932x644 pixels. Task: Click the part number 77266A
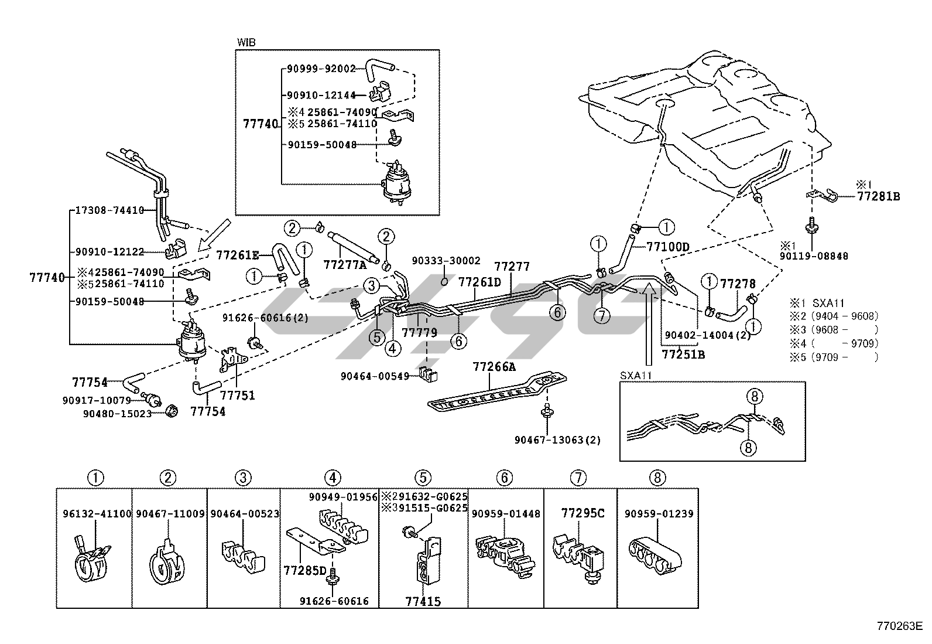coord(494,367)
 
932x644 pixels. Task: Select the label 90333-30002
coord(446,261)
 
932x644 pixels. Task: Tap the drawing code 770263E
coord(899,625)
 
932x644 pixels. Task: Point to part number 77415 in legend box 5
coord(423,601)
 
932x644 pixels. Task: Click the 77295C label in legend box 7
coord(582,514)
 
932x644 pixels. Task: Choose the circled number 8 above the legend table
coord(657,478)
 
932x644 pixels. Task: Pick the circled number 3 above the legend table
coord(244,478)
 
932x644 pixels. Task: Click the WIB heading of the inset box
coord(246,43)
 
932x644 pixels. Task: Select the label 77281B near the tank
coord(878,197)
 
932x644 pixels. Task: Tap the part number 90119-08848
coord(814,256)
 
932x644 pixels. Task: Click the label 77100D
coord(668,247)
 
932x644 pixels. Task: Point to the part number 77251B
coord(683,355)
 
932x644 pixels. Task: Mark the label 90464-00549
coord(375,376)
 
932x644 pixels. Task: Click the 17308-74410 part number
coord(110,210)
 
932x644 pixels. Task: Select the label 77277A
coord(345,264)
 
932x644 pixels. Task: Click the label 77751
coord(238,396)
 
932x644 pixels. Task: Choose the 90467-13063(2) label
coord(557,439)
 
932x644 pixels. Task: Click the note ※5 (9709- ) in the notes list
coord(834,357)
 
